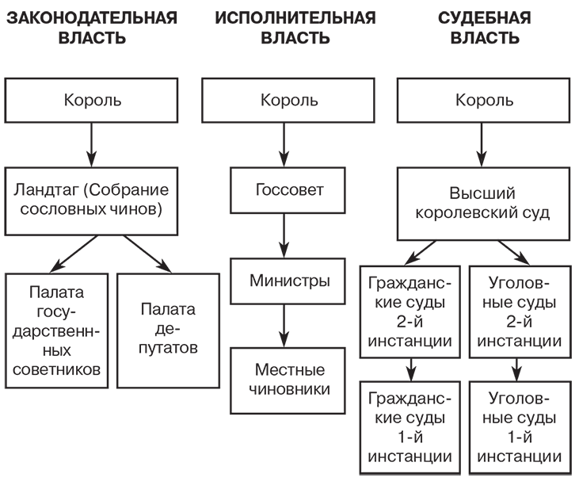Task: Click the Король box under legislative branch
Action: click(x=92, y=101)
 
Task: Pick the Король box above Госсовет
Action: click(x=289, y=101)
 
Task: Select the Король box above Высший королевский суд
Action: click(x=485, y=101)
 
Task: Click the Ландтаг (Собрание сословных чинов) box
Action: click(x=92, y=201)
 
